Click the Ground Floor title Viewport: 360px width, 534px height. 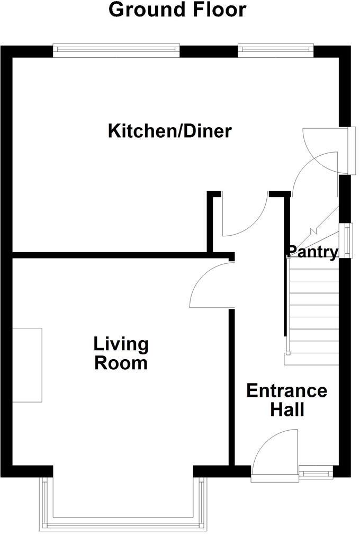177,10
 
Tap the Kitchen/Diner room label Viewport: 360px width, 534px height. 169,130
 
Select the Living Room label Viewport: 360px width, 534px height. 121,354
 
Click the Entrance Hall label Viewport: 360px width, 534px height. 286,400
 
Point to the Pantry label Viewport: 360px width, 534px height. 312,253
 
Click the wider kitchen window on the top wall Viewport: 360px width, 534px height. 116,50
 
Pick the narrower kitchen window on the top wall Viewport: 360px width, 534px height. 275,50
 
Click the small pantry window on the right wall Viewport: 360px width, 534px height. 347,240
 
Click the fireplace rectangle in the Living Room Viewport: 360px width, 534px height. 27,364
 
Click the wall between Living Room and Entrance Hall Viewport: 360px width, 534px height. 231,387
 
